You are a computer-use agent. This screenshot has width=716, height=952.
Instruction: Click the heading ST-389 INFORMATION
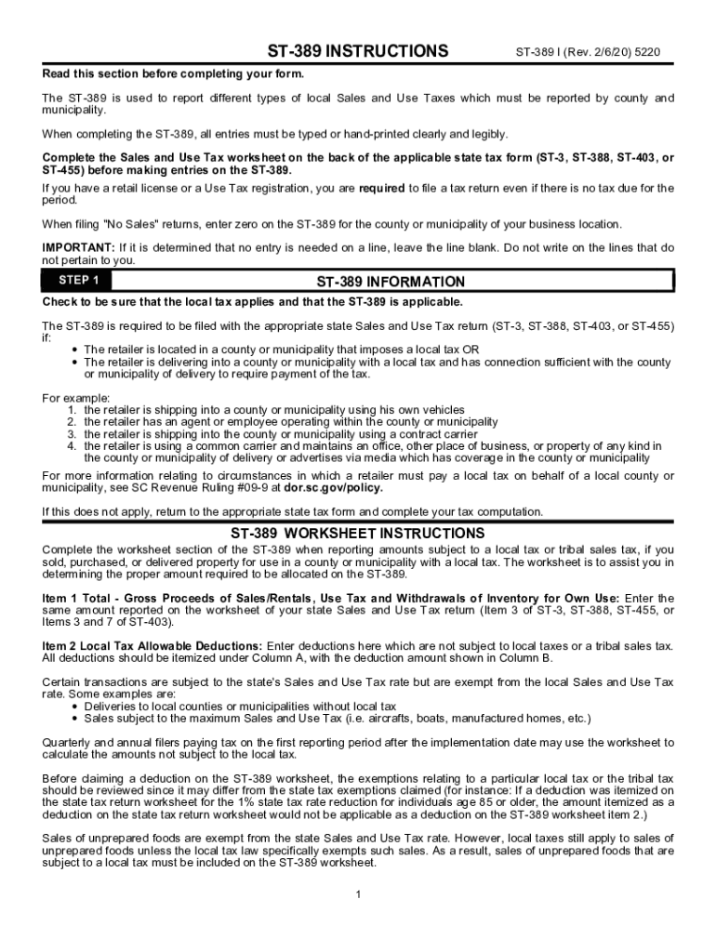click(x=391, y=282)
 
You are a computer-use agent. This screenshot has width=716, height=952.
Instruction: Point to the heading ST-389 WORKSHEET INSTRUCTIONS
click(x=358, y=534)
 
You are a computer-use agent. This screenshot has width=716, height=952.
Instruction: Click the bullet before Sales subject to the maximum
click(x=74, y=719)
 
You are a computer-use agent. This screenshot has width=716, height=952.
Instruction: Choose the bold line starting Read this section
click(x=173, y=73)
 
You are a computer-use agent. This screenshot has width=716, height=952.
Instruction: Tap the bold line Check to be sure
click(x=252, y=302)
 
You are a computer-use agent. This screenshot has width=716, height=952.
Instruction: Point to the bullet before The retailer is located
click(x=74, y=350)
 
